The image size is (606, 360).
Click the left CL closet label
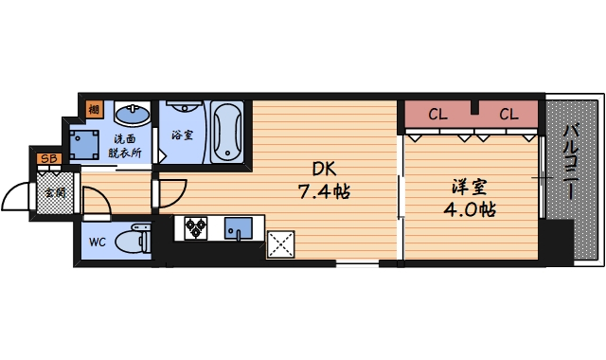point(437,115)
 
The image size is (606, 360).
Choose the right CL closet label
point(508,115)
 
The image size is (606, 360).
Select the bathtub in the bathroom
point(227,133)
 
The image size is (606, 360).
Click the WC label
point(98,241)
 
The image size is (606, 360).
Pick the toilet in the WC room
point(134,238)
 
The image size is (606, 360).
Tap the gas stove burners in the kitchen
point(196,227)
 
